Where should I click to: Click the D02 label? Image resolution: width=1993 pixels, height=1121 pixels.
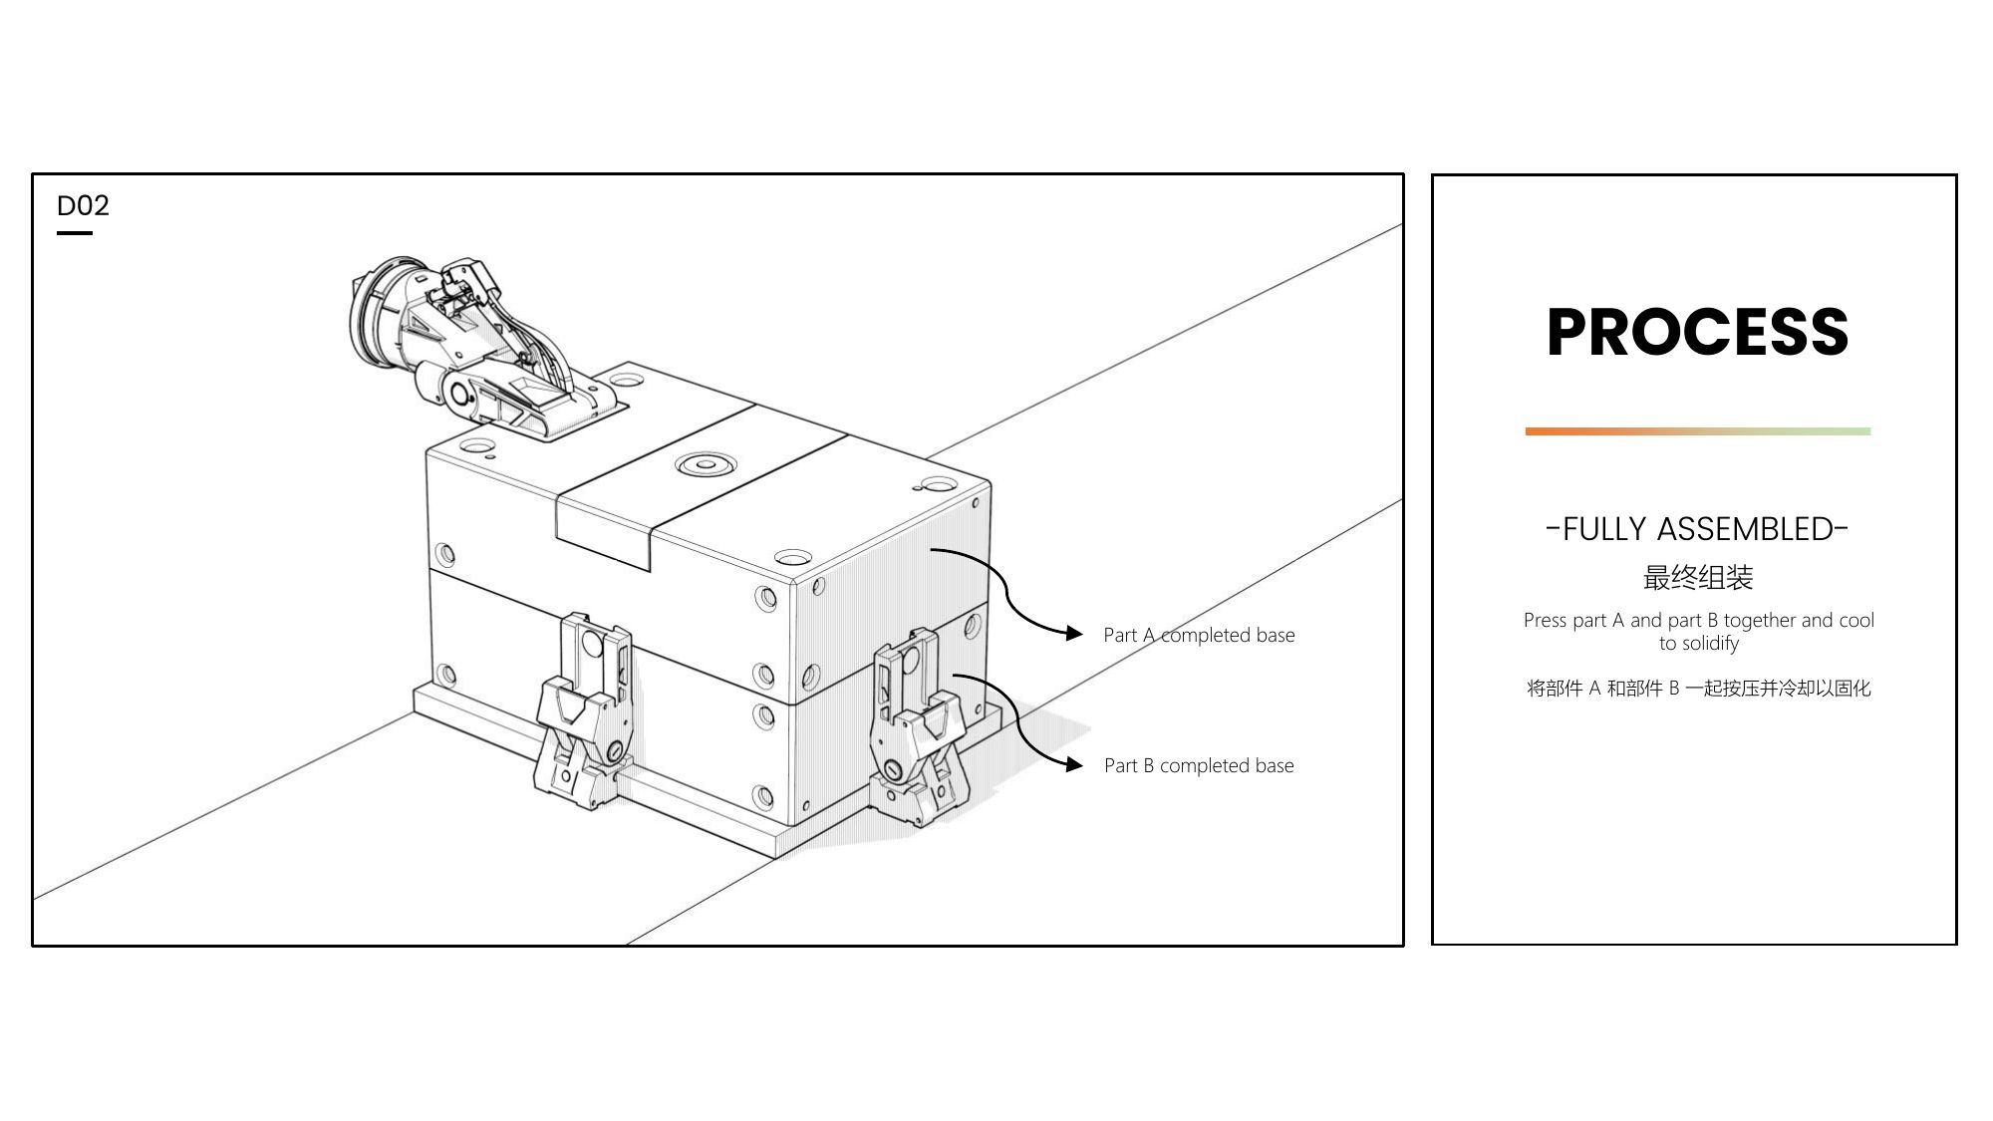click(x=83, y=206)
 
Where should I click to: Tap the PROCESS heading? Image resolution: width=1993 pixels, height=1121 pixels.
click(x=1697, y=332)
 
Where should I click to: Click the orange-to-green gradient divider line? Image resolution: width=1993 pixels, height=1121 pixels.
click(x=1697, y=431)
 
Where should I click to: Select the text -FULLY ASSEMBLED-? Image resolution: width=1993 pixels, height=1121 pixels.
click(x=1697, y=529)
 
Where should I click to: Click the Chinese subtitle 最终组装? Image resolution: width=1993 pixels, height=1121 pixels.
click(x=1697, y=577)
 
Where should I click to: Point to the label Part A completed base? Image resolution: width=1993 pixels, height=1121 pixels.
click(x=1199, y=635)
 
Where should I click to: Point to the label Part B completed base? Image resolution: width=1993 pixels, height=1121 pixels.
click(x=1199, y=765)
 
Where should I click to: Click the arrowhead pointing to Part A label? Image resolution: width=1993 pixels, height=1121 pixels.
click(x=1074, y=633)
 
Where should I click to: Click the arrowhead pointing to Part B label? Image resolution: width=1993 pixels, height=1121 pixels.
click(x=1074, y=764)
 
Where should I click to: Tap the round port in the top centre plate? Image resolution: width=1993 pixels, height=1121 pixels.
click(x=706, y=464)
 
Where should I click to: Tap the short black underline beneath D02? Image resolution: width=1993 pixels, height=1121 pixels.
click(x=75, y=233)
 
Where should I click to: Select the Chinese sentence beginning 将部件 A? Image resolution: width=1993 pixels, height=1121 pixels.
click(x=1698, y=689)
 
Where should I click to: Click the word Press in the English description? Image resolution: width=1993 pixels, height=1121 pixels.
click(x=1545, y=620)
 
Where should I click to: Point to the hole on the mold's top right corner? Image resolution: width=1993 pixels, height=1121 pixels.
click(x=939, y=485)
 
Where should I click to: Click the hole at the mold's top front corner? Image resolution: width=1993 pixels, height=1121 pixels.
click(x=792, y=556)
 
